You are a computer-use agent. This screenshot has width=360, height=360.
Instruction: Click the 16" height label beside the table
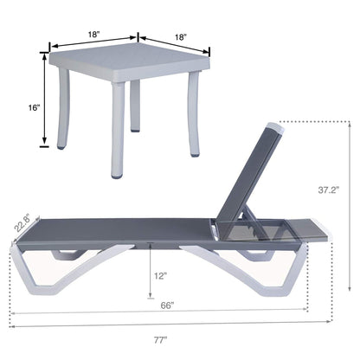click(x=34, y=106)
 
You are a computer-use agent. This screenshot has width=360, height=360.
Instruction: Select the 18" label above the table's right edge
click(x=180, y=38)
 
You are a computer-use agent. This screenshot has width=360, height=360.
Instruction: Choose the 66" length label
click(x=167, y=305)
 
